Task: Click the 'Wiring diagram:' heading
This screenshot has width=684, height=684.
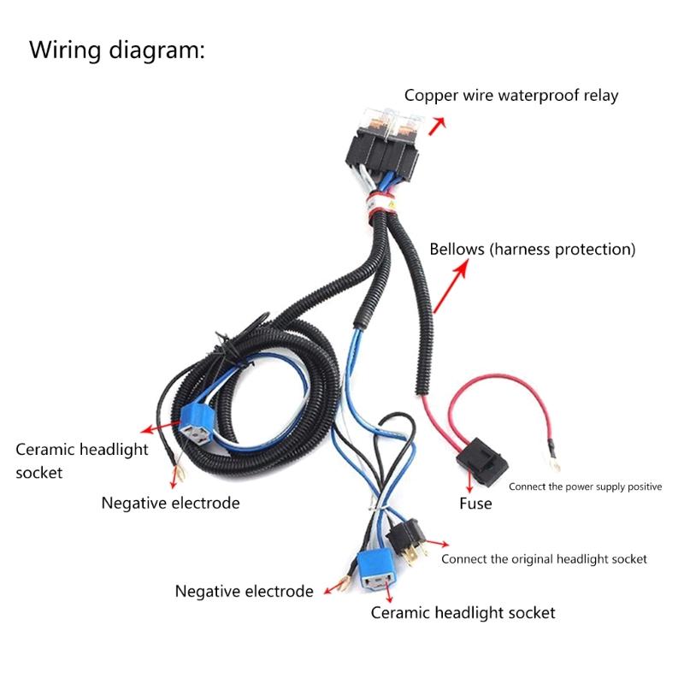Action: pyautogui.click(x=117, y=50)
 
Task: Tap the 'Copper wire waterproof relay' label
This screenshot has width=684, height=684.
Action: pyautogui.click(x=511, y=95)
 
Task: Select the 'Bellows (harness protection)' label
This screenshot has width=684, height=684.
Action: pyautogui.click(x=532, y=250)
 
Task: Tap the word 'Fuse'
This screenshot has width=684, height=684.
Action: pyautogui.click(x=475, y=504)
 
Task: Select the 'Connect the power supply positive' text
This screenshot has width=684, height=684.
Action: pyautogui.click(x=585, y=486)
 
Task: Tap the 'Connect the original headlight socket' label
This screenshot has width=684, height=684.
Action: pyautogui.click(x=544, y=559)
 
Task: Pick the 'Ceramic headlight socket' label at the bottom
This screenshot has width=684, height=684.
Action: pyautogui.click(x=463, y=612)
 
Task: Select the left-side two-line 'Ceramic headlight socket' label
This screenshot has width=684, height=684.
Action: pyautogui.click(x=81, y=460)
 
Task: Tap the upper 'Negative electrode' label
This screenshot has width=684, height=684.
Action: pyautogui.click(x=170, y=503)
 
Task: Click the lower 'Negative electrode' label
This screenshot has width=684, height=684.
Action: pyautogui.click(x=244, y=591)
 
